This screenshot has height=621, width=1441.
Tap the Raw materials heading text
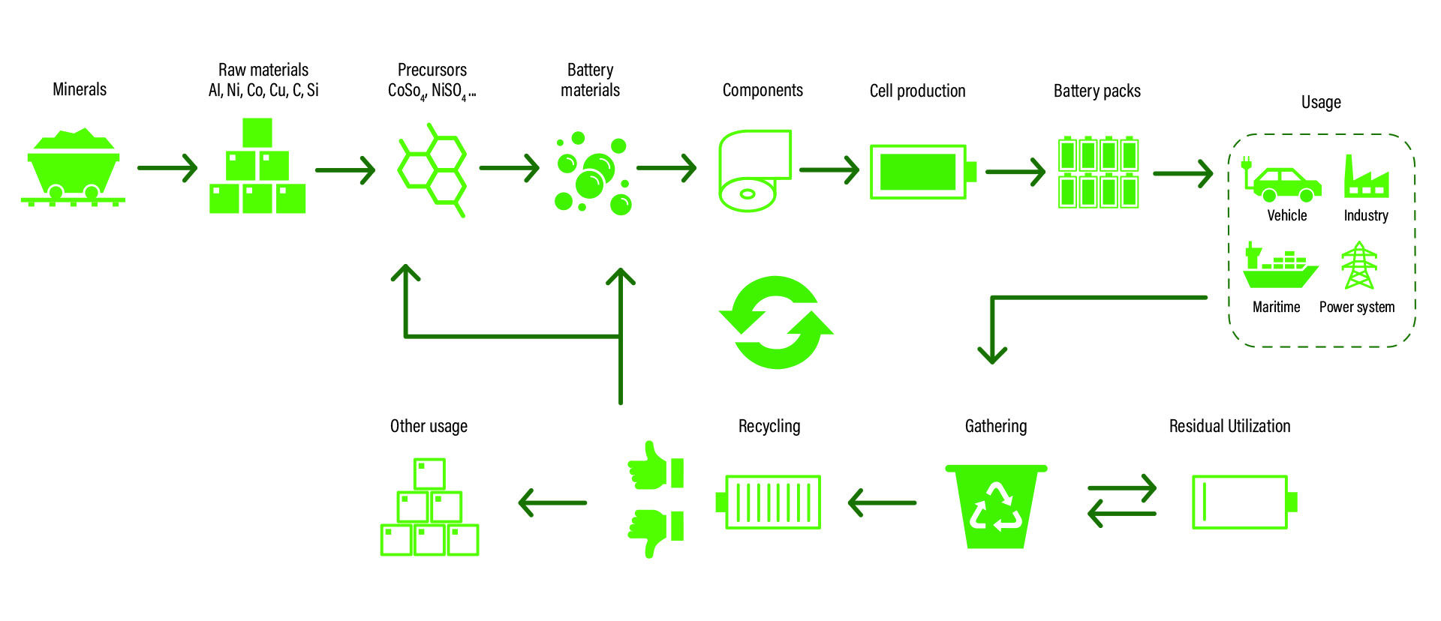click(263, 70)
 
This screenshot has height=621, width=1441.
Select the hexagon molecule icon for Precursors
click(432, 171)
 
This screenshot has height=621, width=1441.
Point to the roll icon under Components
click(754, 171)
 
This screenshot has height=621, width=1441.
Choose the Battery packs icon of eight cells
click(1098, 172)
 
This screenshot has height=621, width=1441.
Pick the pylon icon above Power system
click(1359, 265)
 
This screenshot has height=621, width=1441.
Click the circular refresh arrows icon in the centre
click(776, 322)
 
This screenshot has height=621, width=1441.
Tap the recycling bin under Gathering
click(996, 506)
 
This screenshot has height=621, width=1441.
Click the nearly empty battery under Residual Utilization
click(1244, 502)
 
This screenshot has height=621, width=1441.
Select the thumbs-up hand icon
click(655, 466)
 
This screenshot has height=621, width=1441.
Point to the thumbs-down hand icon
click(655, 532)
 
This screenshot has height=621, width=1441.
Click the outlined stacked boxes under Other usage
click(429, 507)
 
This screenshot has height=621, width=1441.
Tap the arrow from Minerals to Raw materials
click(167, 168)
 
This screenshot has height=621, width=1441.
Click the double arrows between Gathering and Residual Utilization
click(1122, 500)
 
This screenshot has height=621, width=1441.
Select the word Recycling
click(769, 426)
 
